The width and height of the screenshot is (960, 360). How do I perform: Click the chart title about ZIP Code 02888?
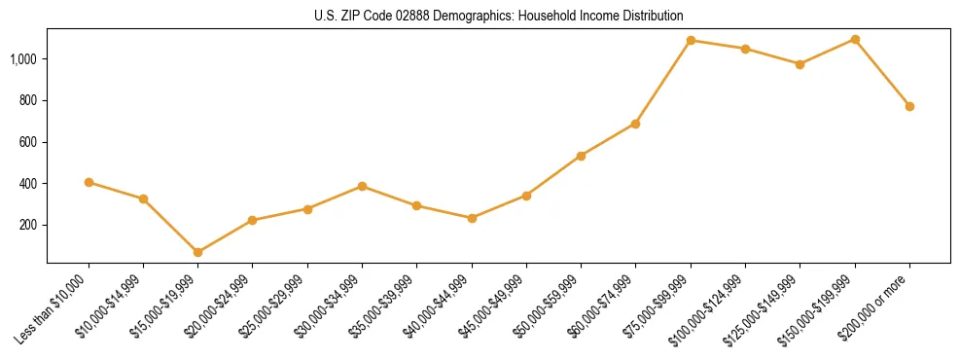499,16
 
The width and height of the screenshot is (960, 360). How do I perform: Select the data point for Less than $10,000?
89,182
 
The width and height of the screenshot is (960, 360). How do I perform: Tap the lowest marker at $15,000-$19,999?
197,252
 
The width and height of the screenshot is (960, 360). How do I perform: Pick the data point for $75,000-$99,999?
691,40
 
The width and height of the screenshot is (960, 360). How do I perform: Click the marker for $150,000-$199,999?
855,39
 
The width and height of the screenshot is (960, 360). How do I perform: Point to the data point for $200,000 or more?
909,106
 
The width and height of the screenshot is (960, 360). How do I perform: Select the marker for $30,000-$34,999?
362,186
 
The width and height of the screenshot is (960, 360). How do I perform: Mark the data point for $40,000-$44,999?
472,218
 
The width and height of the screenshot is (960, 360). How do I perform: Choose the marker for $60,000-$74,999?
635,124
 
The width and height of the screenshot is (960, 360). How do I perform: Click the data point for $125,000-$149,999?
800,64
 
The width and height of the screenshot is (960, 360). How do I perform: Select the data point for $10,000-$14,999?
143,198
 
